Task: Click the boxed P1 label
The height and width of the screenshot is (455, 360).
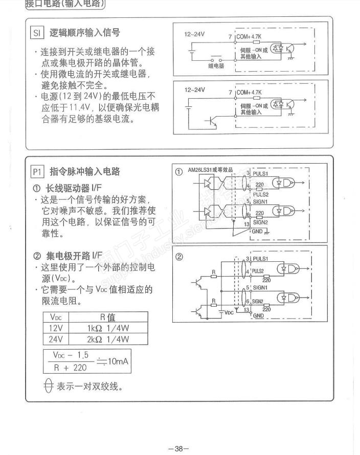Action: click(38, 171)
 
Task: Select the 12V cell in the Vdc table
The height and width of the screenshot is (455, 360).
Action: click(52, 328)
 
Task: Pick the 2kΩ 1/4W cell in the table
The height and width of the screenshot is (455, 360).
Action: click(107, 338)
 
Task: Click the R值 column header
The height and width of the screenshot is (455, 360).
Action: click(107, 317)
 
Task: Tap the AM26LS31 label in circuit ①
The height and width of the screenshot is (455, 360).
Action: click(211, 170)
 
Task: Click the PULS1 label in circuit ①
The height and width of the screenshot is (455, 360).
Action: click(261, 174)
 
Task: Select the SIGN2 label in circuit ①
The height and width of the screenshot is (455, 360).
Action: click(261, 222)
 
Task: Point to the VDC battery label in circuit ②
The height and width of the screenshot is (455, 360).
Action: click(228, 312)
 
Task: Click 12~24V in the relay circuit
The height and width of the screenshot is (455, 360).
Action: click(194, 34)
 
